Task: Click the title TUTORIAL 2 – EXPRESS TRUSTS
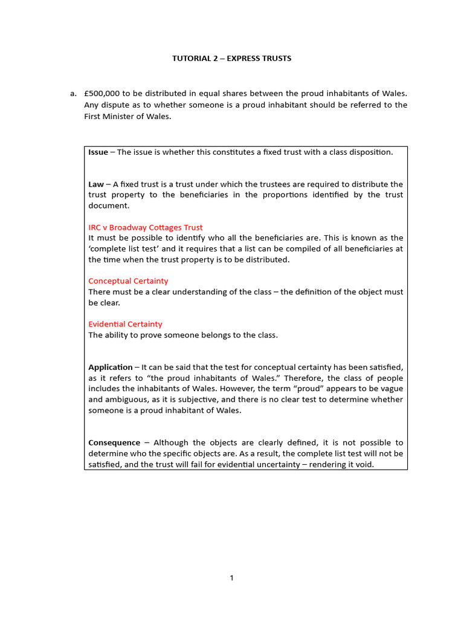point(232,58)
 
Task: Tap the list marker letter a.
point(73,94)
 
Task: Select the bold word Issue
point(98,152)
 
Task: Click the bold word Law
point(95,184)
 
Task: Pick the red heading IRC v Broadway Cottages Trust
point(146,227)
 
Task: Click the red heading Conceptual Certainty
point(128,281)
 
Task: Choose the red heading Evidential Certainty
point(125,324)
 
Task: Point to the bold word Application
point(111,367)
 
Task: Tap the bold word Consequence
point(114,442)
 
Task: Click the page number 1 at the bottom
point(231,578)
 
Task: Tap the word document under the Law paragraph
point(108,206)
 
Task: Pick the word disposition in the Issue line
point(370,152)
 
